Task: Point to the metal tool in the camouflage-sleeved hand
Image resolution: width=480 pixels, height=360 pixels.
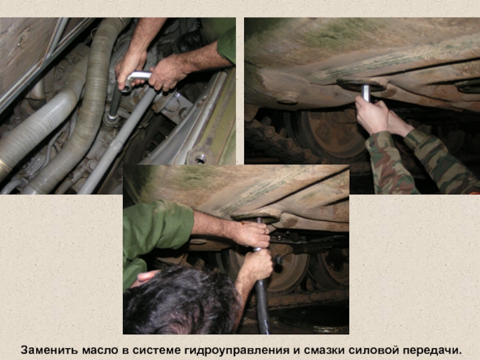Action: point(366,94)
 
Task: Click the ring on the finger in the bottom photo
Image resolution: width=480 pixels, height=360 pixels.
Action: point(265,230)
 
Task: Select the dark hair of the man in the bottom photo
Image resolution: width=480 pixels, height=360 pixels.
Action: point(181,302)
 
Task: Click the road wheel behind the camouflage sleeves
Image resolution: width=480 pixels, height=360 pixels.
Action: point(334,134)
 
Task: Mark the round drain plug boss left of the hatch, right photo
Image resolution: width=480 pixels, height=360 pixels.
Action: point(288,98)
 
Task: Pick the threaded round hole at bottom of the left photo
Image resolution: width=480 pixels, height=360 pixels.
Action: point(200,158)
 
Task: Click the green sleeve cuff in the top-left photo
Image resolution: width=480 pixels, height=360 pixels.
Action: point(227,46)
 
